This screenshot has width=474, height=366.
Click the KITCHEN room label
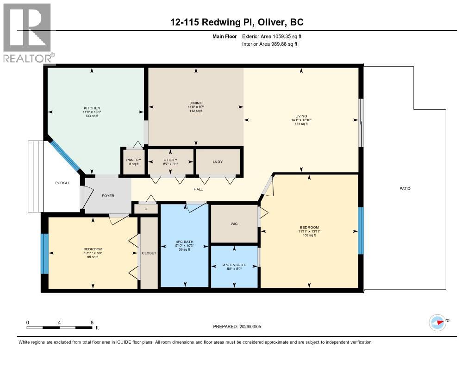coord(92,108)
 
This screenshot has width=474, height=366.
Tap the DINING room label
coord(196,103)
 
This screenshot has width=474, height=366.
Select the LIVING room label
coord(302,116)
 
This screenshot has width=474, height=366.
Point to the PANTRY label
coord(133,160)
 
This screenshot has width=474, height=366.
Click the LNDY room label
coord(218,161)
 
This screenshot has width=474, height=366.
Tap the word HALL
coord(197,189)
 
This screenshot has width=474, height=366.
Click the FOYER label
coord(108,195)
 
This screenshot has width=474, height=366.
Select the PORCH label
coord(62,183)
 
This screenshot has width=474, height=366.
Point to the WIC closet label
coord(234,223)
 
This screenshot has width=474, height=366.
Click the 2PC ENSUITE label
coord(235,265)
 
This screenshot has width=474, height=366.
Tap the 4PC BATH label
coord(184,242)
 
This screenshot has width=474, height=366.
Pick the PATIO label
coord(405,188)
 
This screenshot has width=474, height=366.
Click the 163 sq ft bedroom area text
coord(309,235)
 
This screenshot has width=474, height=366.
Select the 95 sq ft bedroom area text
coord(93,257)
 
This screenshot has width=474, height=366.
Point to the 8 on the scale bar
coord(92,322)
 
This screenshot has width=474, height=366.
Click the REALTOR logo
coord(27,32)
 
